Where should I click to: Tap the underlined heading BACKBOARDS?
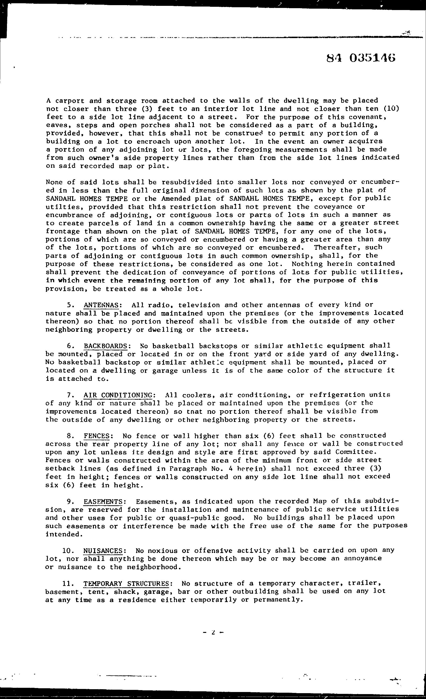pyautogui.click(x=105, y=346)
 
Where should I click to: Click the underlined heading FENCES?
pyautogui.click(x=97, y=436)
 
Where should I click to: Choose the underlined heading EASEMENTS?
pyautogui.click(x=103, y=502)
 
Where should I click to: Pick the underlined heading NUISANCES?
pyautogui.click(x=103, y=551)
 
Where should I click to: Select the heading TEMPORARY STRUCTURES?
pyautogui.click(x=126, y=584)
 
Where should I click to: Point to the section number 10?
pyautogui.click(x=68, y=551)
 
